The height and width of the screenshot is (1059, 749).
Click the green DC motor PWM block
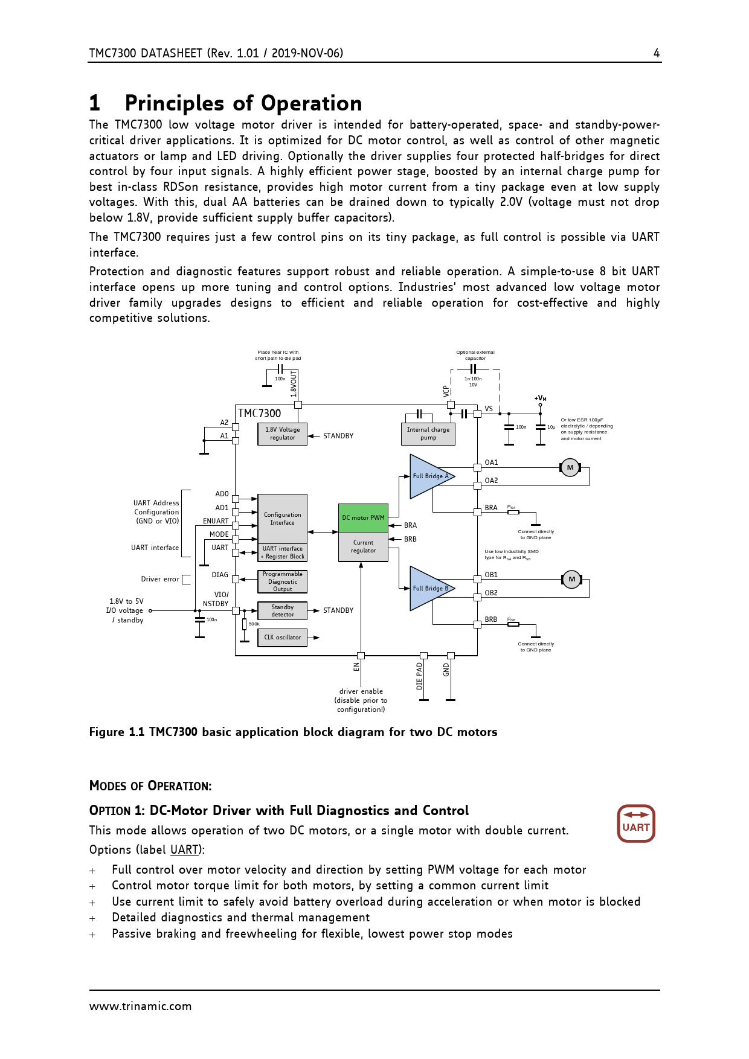[x=363, y=517]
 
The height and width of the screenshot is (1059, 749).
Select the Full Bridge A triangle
[x=428, y=476]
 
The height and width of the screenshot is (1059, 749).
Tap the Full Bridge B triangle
[x=428, y=589]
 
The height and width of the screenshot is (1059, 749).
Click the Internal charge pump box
[x=428, y=434]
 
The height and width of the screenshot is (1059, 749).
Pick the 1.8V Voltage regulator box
[x=282, y=434]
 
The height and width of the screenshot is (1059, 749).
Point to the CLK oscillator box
[x=282, y=638]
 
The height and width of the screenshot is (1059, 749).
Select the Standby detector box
[x=282, y=611]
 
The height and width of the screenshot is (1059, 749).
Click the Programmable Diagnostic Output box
[x=282, y=581]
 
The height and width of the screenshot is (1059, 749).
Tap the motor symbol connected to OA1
[x=570, y=467]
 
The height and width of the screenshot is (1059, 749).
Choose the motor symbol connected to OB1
[x=571, y=580]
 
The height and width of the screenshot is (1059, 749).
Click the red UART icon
[x=636, y=824]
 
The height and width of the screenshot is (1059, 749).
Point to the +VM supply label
[x=541, y=398]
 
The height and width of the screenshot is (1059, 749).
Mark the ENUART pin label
[x=216, y=521]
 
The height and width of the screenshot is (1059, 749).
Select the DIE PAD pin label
[x=419, y=676]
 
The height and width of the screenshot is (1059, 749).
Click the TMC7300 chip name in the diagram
[x=259, y=414]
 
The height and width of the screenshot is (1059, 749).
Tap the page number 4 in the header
[x=657, y=53]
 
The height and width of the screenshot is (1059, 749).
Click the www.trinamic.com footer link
[x=140, y=1006]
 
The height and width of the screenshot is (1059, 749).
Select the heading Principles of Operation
[x=243, y=103]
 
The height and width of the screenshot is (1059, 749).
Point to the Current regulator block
[x=363, y=546]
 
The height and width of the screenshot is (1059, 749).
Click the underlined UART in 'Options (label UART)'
[x=184, y=850]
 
